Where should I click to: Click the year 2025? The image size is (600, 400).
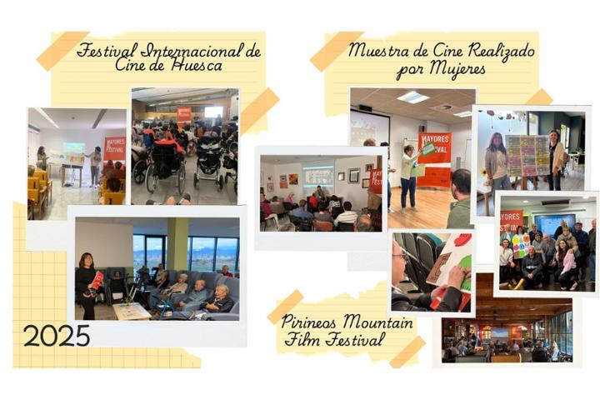click(x=57, y=335)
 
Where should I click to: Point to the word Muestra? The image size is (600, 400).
click(x=380, y=51)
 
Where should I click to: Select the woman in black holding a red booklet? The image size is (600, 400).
click(x=86, y=282)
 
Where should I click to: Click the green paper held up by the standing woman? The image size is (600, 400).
click(x=427, y=149)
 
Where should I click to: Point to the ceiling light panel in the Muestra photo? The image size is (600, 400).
click(x=412, y=97)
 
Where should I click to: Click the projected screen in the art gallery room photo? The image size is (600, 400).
click(x=317, y=175)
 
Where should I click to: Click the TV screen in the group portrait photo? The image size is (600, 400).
click(x=554, y=223)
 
